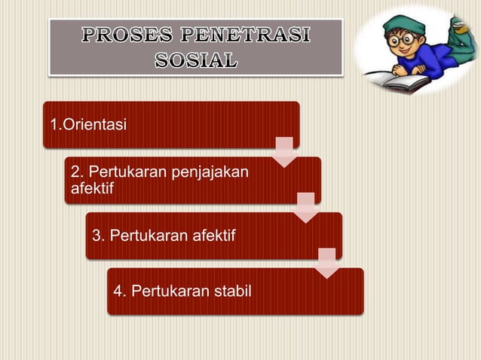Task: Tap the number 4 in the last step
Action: point(118,291)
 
